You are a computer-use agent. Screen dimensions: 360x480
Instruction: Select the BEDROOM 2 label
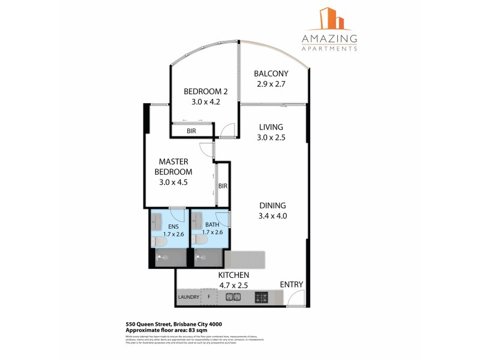[206, 91]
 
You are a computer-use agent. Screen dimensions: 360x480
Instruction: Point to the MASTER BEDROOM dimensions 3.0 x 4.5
[173, 183]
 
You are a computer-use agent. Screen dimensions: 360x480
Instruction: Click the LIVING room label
[272, 127]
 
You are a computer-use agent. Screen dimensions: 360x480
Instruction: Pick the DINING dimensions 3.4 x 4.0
[272, 216]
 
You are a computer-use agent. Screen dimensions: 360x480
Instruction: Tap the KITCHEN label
[234, 274]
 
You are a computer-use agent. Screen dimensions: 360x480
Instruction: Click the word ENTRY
[292, 284]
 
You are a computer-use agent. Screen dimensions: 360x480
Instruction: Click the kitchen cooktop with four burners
[262, 297]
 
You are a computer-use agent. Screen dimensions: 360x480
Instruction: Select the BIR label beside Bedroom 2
[191, 130]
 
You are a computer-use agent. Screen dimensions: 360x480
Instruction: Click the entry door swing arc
[293, 298]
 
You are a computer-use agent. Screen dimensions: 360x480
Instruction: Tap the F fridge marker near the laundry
[209, 297]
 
